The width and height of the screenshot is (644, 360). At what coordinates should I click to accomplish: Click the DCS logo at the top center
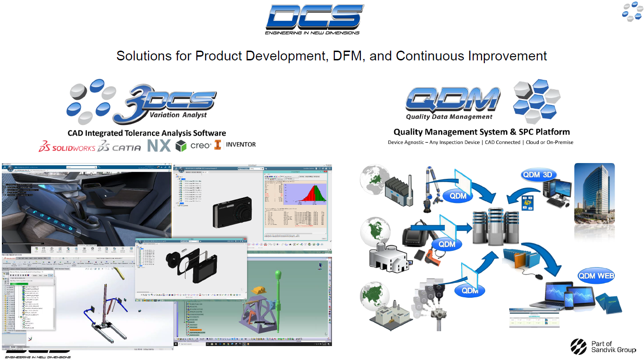pos(314,19)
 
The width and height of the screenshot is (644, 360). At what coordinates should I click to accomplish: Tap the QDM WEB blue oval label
pos(596,276)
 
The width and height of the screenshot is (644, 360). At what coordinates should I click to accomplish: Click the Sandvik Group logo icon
pos(579,347)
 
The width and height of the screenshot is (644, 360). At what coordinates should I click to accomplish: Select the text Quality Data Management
pos(449,117)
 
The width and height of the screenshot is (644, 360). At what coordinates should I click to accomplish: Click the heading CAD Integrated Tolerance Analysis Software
pos(147,133)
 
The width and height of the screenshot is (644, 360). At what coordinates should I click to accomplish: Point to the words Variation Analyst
pos(178,115)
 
